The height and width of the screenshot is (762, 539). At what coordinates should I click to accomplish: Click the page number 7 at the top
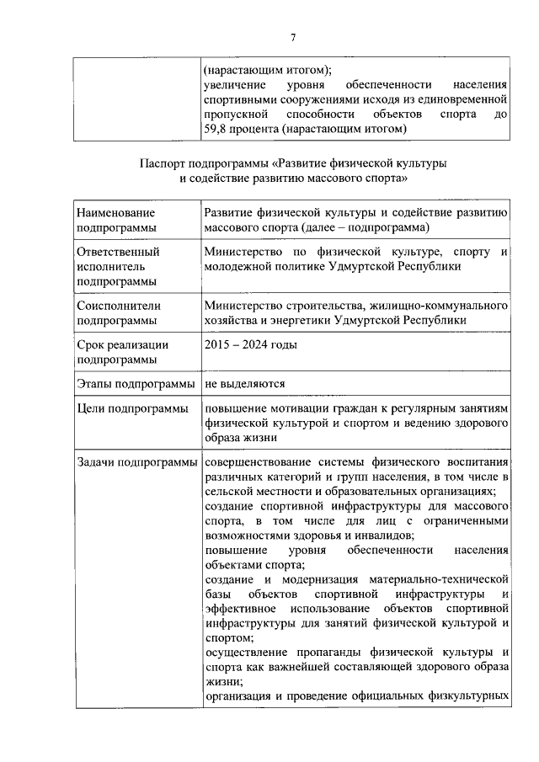pos(292,37)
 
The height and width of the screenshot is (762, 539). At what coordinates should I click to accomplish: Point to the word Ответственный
pos(118,251)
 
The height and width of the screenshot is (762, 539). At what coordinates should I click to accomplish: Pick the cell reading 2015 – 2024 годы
pos(250,344)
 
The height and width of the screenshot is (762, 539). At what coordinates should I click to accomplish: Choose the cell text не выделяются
pos(245,383)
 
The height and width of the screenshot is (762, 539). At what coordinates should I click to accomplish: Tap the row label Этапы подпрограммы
pos(135,384)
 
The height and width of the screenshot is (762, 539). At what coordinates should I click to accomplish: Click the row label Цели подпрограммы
pos(131,408)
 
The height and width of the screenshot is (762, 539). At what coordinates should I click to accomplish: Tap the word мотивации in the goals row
pos(301,408)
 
